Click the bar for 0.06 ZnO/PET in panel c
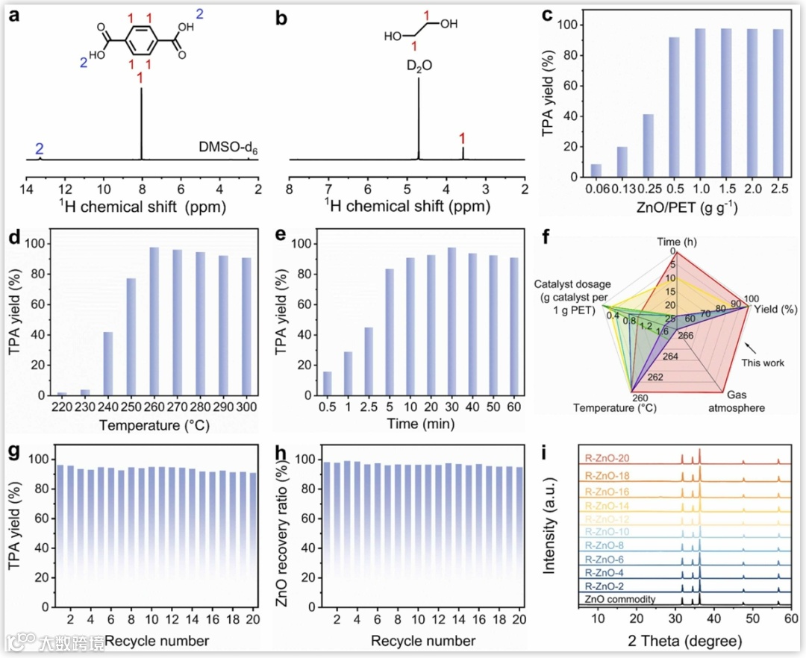pyautogui.click(x=596, y=171)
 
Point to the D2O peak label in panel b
pyautogui.click(x=419, y=67)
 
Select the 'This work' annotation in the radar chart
pyautogui.click(x=763, y=363)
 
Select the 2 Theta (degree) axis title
pyautogui.click(x=684, y=640)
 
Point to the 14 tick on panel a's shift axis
pyautogui.click(x=27, y=187)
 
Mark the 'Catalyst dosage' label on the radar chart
pyautogui.click(x=573, y=296)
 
